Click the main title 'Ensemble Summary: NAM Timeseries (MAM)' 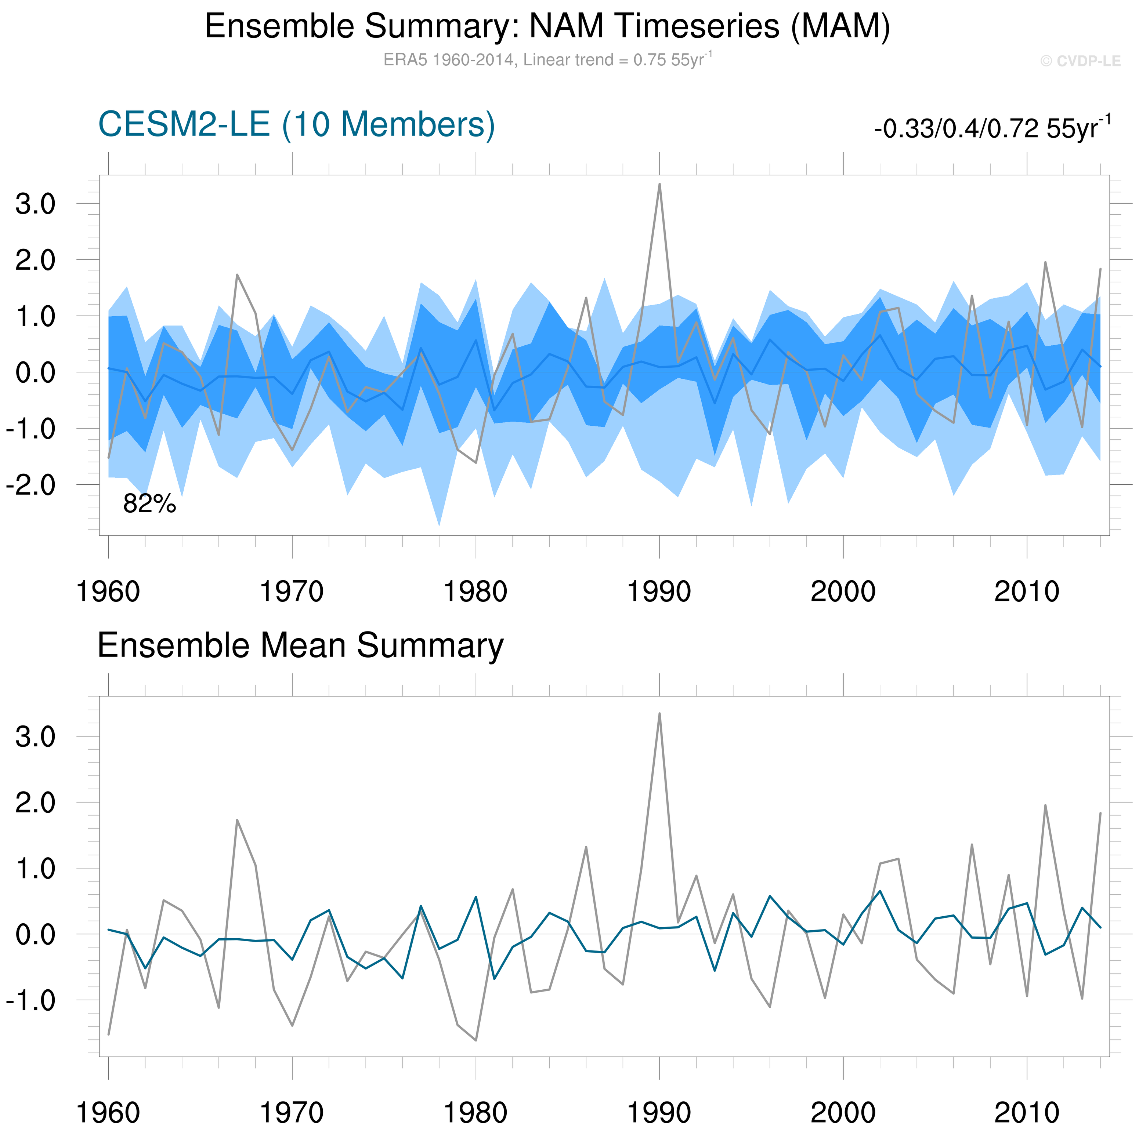[x=547, y=26]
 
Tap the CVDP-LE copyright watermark [x=1080, y=61]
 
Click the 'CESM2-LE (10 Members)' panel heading [x=297, y=125]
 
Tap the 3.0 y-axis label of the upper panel [x=35, y=204]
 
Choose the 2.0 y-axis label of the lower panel [x=35, y=803]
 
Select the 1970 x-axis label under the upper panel [x=292, y=592]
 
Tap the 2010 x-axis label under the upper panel [x=1027, y=592]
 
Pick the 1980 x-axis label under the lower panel [x=476, y=1113]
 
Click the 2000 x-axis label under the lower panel [x=843, y=1113]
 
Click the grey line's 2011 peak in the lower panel [x=1045, y=805]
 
